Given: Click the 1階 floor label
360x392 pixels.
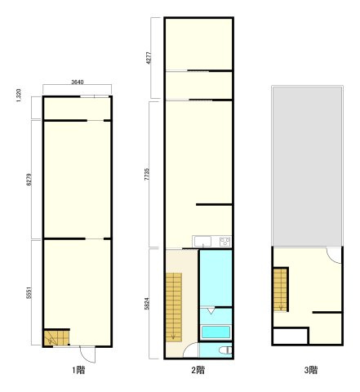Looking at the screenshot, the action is click(x=78, y=370).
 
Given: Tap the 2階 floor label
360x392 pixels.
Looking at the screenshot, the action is click(x=198, y=370).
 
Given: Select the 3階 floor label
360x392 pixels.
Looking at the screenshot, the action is click(x=311, y=370).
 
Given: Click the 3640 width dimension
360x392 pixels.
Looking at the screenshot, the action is click(x=78, y=82).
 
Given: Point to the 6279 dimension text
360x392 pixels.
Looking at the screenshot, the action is click(x=29, y=180).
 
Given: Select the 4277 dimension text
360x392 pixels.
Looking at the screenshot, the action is click(x=149, y=57).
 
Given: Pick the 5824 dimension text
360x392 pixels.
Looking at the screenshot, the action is click(x=147, y=304).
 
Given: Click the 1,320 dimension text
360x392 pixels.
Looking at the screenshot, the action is click(x=19, y=96).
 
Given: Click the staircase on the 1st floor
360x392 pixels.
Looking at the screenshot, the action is click(x=56, y=338).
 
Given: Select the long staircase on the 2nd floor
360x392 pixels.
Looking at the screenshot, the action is click(x=174, y=307).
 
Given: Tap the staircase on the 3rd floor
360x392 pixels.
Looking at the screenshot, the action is click(x=280, y=290).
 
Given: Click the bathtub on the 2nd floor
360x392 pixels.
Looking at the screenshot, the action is click(x=216, y=332).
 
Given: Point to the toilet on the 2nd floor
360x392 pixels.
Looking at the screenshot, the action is click(x=225, y=350).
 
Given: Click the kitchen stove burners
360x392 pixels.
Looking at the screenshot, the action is click(x=225, y=242).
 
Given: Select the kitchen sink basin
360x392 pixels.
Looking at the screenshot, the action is click(x=203, y=242).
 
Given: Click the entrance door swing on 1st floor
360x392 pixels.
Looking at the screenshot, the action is click(x=87, y=354).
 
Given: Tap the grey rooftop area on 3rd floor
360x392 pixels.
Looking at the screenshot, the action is click(x=308, y=167).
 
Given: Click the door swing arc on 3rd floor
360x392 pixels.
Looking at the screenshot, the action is click(x=334, y=256).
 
